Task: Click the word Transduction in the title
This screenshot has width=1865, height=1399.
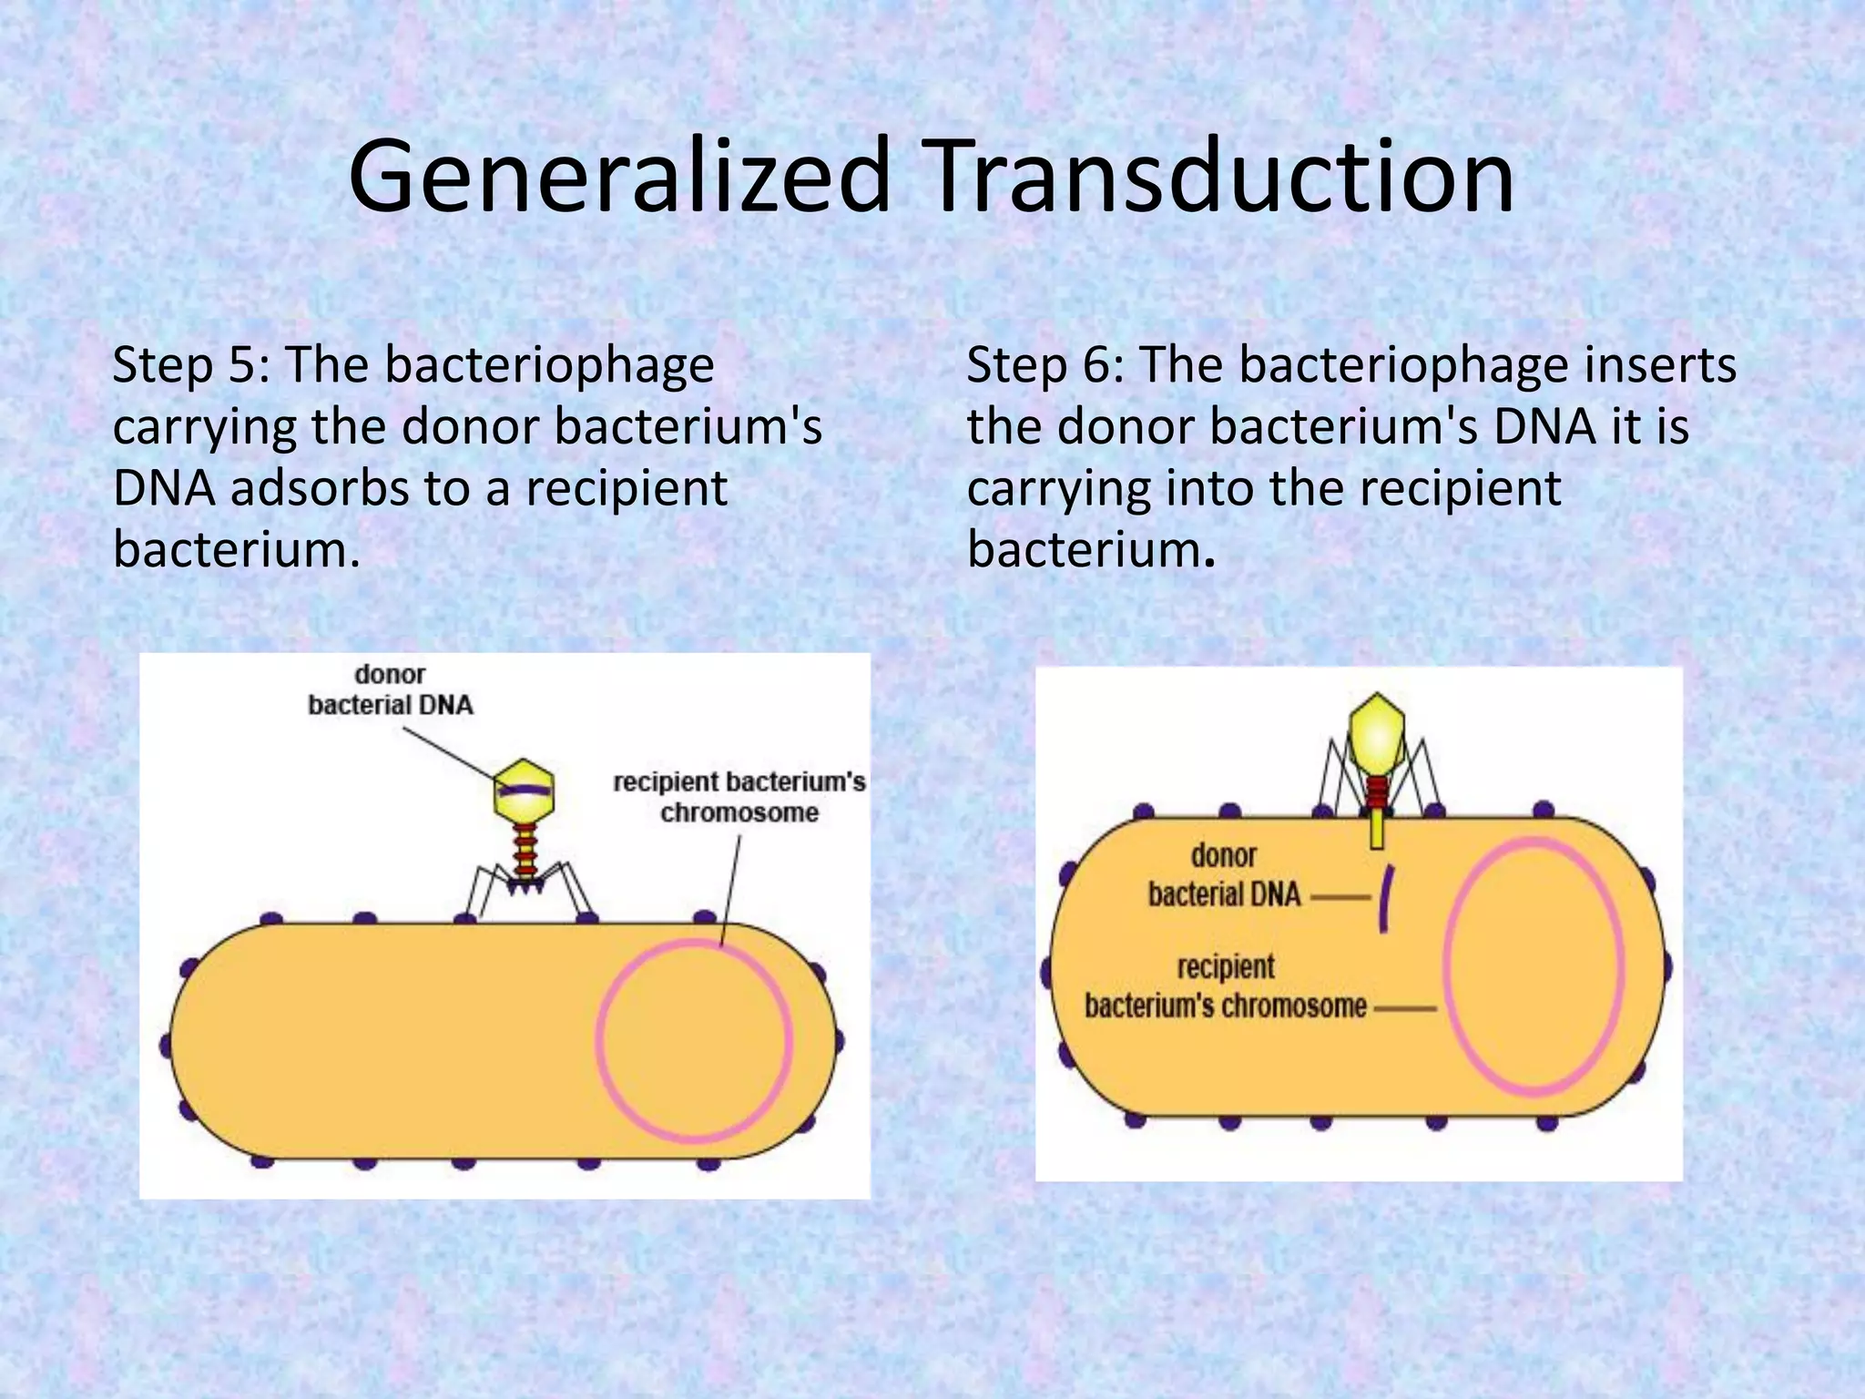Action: point(1219,176)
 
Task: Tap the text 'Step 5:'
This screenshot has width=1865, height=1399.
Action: point(190,365)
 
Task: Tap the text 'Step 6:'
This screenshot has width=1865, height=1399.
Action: point(1045,365)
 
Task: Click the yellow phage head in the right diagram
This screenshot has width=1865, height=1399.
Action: point(1376,735)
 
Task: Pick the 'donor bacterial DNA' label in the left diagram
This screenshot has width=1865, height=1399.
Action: point(391,689)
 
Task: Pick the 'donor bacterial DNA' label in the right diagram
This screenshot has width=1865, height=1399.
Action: point(1224,875)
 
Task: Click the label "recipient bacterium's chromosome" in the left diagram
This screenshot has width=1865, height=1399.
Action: point(739,797)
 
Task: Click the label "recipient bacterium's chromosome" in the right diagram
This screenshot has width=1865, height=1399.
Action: point(1226,987)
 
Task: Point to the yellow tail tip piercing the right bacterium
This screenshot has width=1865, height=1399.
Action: point(1377,829)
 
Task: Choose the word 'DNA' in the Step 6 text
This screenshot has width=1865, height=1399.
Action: point(1544,426)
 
